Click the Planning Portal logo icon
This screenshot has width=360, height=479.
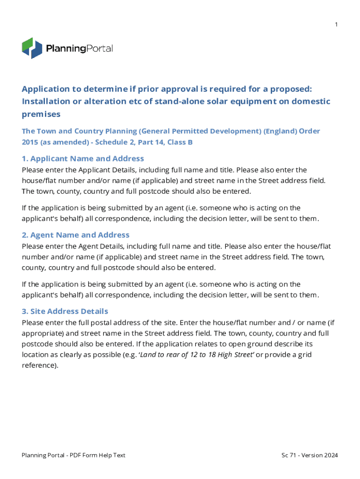point(32,48)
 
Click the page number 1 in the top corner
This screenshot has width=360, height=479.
point(336,24)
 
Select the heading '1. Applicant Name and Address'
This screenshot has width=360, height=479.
point(83,159)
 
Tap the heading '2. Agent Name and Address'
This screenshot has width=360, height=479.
point(76,235)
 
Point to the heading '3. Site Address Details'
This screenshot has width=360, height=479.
point(65,311)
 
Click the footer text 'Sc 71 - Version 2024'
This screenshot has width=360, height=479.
point(310,455)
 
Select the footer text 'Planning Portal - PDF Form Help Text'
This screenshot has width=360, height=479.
point(73,455)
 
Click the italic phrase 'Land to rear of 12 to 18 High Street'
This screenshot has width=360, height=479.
point(195,355)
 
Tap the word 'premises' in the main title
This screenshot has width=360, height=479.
point(41,114)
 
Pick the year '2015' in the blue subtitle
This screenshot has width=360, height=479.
point(31,142)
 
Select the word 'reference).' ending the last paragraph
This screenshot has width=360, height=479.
point(40,365)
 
